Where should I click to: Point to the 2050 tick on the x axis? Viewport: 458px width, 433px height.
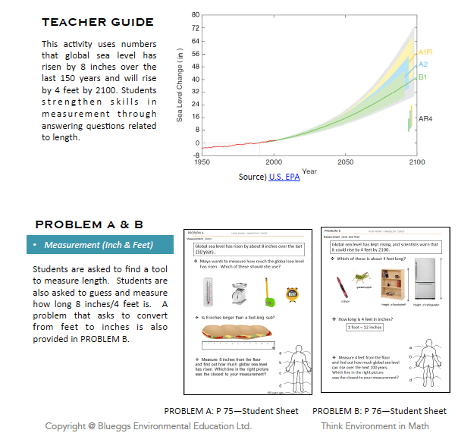coord(345,162)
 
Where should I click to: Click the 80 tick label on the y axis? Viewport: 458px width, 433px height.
coord(195,15)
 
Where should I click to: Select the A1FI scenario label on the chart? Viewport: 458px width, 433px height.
coord(425,52)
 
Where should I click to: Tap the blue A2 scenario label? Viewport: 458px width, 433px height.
coord(423,64)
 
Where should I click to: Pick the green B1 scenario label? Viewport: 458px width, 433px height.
coord(422,77)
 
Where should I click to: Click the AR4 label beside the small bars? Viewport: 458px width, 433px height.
coord(425,119)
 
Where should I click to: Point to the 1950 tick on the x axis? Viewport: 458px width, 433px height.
coord(202,162)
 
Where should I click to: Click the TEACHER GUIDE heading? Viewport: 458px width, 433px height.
coord(97,22)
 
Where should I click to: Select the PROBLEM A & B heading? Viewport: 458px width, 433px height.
coord(88,224)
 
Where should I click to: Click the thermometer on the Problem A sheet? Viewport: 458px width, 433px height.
coord(208,290)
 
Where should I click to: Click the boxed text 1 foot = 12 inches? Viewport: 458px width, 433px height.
coord(365,328)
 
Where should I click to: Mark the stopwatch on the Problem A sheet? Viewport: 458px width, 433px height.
coord(291,293)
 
